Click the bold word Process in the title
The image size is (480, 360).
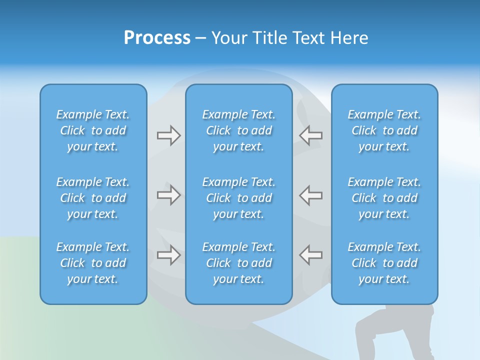[x=157, y=38]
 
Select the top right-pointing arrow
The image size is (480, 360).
[x=168, y=135]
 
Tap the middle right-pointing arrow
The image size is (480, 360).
[x=168, y=195]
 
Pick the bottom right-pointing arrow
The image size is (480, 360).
[x=168, y=255]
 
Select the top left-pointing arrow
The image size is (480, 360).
[x=311, y=135]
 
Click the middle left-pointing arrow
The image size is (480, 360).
[x=311, y=195]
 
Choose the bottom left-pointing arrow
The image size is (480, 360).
[x=311, y=255]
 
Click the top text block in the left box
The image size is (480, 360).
[x=93, y=130]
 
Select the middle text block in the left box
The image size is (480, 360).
[x=93, y=198]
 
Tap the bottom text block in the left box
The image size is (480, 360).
[x=93, y=263]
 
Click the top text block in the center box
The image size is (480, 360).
[x=238, y=130]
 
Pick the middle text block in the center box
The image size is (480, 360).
[x=238, y=198]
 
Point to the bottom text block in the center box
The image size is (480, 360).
[x=238, y=263]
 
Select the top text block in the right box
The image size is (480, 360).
[x=384, y=130]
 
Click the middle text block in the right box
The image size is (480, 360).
[x=384, y=198]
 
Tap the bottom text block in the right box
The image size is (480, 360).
[x=384, y=263]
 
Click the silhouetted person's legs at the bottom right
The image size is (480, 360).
[x=395, y=335]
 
